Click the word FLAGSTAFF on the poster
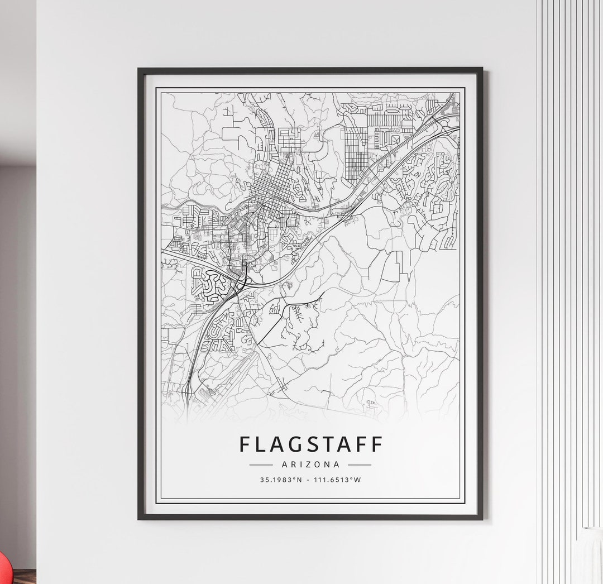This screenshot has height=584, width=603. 311,444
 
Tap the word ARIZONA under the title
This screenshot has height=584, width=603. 310,464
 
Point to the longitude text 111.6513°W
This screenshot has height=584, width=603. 338,480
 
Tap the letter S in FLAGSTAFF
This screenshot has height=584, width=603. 310,444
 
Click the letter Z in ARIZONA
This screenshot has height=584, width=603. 308,464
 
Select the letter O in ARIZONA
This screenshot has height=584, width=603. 318,464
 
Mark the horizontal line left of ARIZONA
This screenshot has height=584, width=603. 261,464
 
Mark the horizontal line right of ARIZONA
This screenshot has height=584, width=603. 360,464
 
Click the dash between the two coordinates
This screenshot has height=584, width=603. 308,480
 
